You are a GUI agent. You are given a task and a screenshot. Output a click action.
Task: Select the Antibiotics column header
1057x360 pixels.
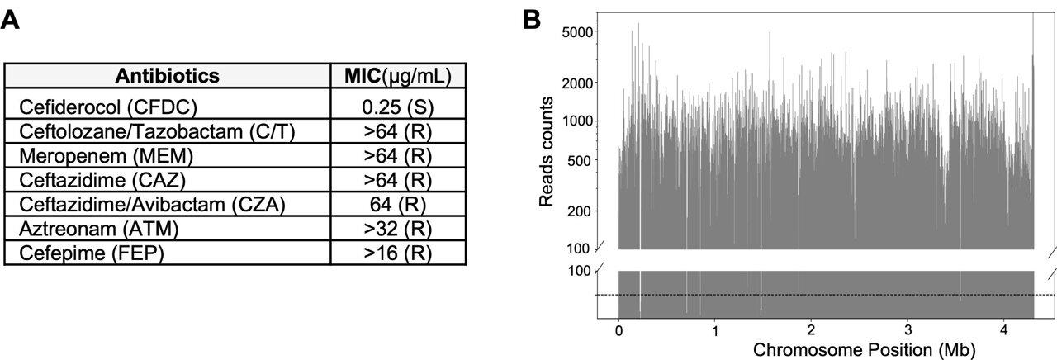coord(168,76)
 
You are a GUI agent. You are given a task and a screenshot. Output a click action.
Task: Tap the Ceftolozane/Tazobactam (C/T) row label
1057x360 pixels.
coord(157,130)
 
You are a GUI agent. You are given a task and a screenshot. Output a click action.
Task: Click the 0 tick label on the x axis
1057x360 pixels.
coord(619,329)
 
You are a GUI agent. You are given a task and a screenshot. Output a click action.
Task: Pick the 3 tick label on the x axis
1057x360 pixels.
coord(908,329)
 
